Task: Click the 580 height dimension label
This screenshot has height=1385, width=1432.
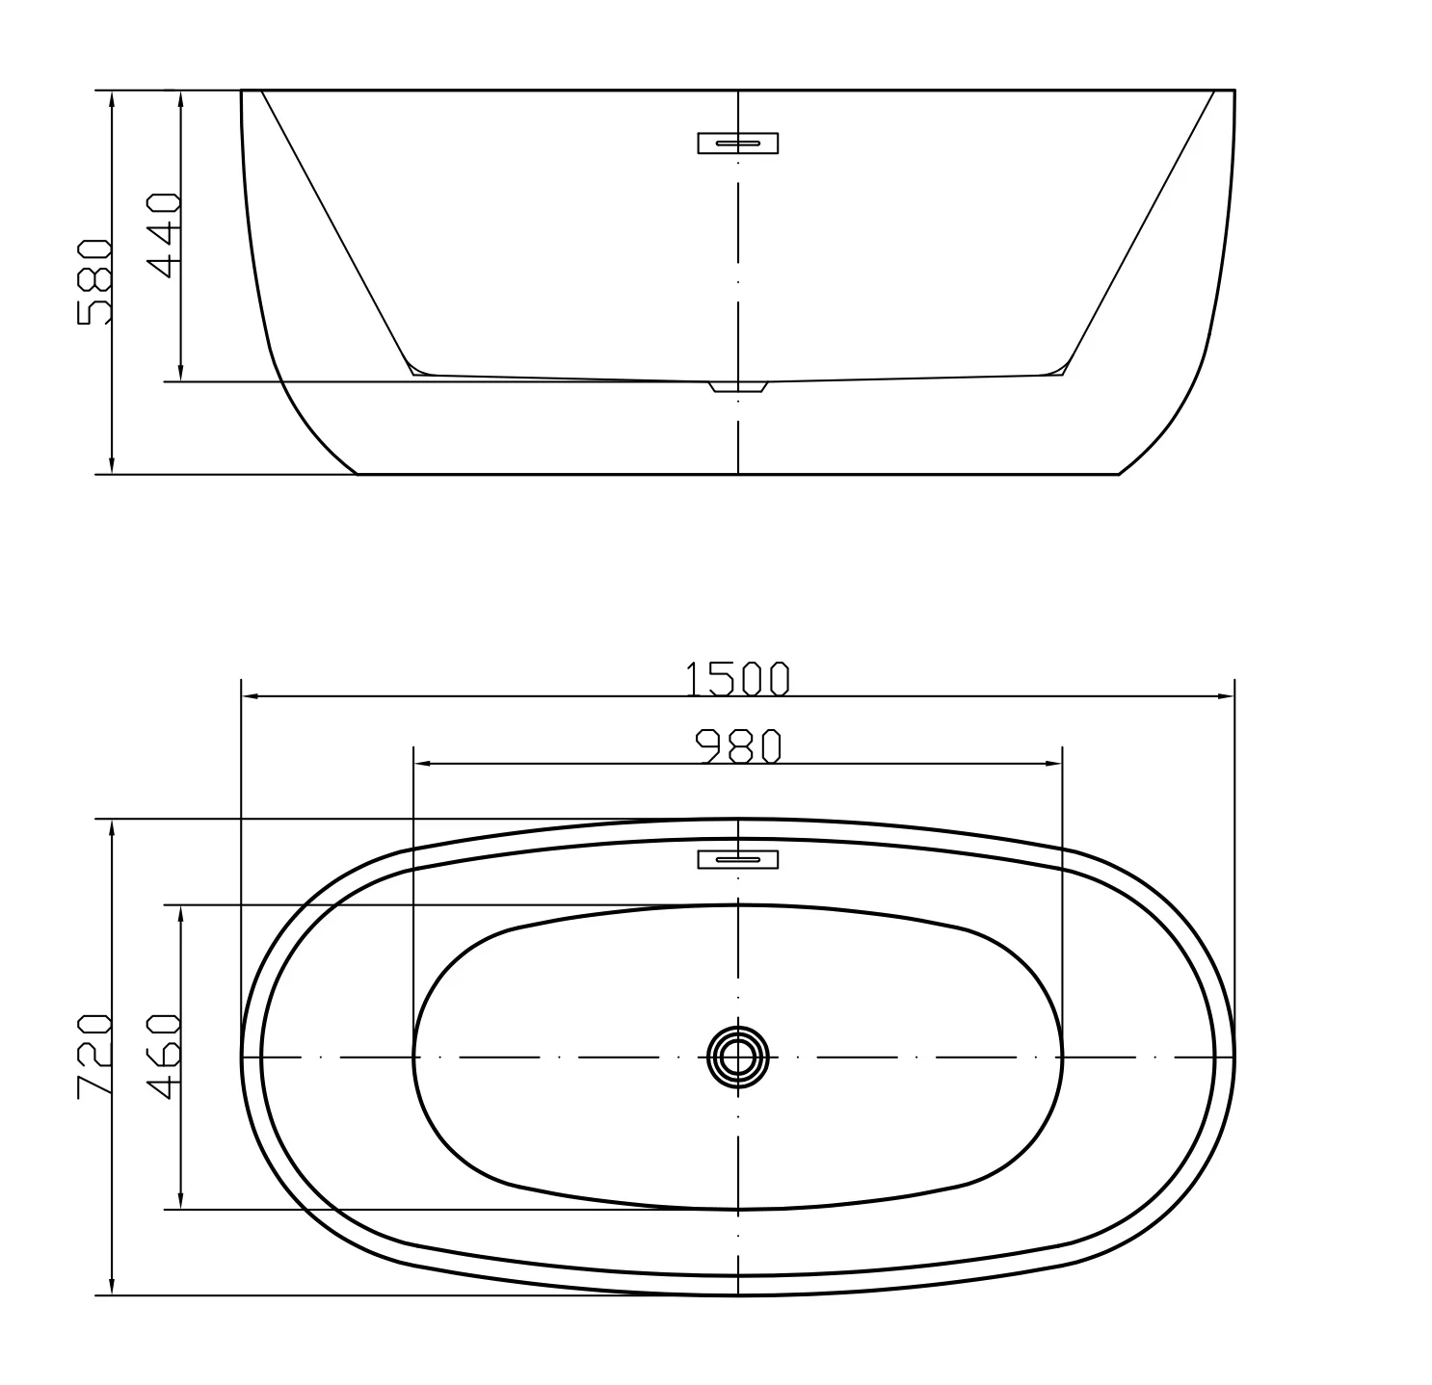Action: (95, 281)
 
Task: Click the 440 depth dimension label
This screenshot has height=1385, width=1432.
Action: (164, 235)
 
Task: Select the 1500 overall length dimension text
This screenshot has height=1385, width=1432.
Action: (737, 678)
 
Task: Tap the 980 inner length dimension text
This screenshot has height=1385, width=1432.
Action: (738, 746)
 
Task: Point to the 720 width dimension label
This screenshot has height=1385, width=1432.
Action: (95, 1057)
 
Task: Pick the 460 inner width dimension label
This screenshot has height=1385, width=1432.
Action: (164, 1057)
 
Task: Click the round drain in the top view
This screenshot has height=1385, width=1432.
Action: (738, 1057)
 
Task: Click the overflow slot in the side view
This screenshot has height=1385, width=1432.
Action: (738, 143)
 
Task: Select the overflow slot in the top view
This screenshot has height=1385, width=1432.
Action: (738, 858)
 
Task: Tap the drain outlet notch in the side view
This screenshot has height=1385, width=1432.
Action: (738, 387)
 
